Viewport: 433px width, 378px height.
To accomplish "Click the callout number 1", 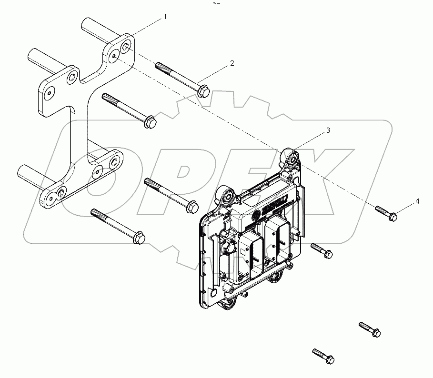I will point(165,17).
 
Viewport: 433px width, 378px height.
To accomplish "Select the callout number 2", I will point(232,63).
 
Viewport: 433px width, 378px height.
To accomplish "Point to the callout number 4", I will point(417,201).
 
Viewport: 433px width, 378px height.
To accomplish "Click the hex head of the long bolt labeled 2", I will point(203,90).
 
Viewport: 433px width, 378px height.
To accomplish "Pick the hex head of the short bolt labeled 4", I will point(393,216).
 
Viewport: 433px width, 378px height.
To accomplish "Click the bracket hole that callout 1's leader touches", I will point(126,47).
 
